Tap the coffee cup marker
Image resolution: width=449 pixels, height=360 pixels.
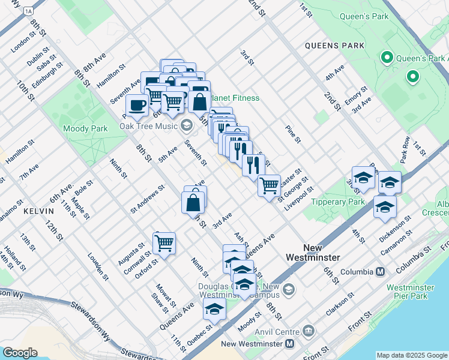(x=137, y=105)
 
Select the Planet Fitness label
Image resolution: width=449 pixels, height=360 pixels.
(x=234, y=98)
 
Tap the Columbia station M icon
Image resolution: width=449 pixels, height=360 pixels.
(x=380, y=272)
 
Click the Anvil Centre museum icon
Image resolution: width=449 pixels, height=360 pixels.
(x=309, y=331)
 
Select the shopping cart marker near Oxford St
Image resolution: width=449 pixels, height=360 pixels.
(x=164, y=243)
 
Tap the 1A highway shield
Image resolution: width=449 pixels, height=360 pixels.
(x=28, y=11)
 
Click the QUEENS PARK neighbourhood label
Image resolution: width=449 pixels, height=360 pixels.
(x=334, y=46)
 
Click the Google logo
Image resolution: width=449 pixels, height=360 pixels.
(x=20, y=352)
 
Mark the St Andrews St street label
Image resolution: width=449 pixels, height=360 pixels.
(x=147, y=199)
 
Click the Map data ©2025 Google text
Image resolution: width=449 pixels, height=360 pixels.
(x=411, y=355)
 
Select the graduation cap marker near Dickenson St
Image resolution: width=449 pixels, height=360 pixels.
(x=385, y=206)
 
